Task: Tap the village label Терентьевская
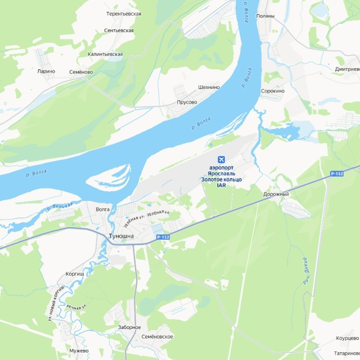pyautogui.click(x=124, y=13)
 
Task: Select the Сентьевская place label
pyautogui.click(x=119, y=30)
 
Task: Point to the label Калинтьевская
pyautogui.click(x=105, y=54)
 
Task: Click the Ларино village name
pyautogui.click(x=46, y=71)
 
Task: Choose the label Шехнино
pyautogui.click(x=209, y=88)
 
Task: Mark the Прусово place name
pyautogui.click(x=187, y=102)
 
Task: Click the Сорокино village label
pyautogui.click(x=273, y=91)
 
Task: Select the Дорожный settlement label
pyautogui.click(x=276, y=194)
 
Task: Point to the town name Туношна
pyautogui.click(x=121, y=236)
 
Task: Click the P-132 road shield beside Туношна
pyautogui.click(x=163, y=237)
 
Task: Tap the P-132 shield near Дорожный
pyautogui.click(x=336, y=174)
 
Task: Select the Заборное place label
pyautogui.click(x=129, y=327)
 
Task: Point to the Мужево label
pyautogui.click(x=79, y=350)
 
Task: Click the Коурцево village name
pyautogui.click(x=347, y=338)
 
